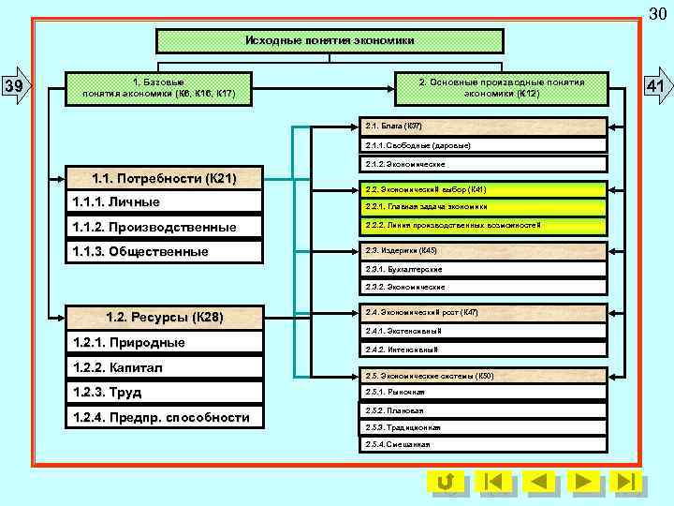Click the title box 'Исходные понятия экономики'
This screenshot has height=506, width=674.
329,41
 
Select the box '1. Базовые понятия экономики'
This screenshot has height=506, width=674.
158,88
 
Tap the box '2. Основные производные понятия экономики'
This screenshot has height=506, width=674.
501,88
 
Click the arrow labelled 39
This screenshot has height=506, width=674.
17,87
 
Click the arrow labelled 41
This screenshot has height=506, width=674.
654,87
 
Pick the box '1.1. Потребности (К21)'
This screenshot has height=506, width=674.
163,178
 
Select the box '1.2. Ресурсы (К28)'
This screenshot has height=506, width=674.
163,317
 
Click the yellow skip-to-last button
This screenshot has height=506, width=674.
625,482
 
